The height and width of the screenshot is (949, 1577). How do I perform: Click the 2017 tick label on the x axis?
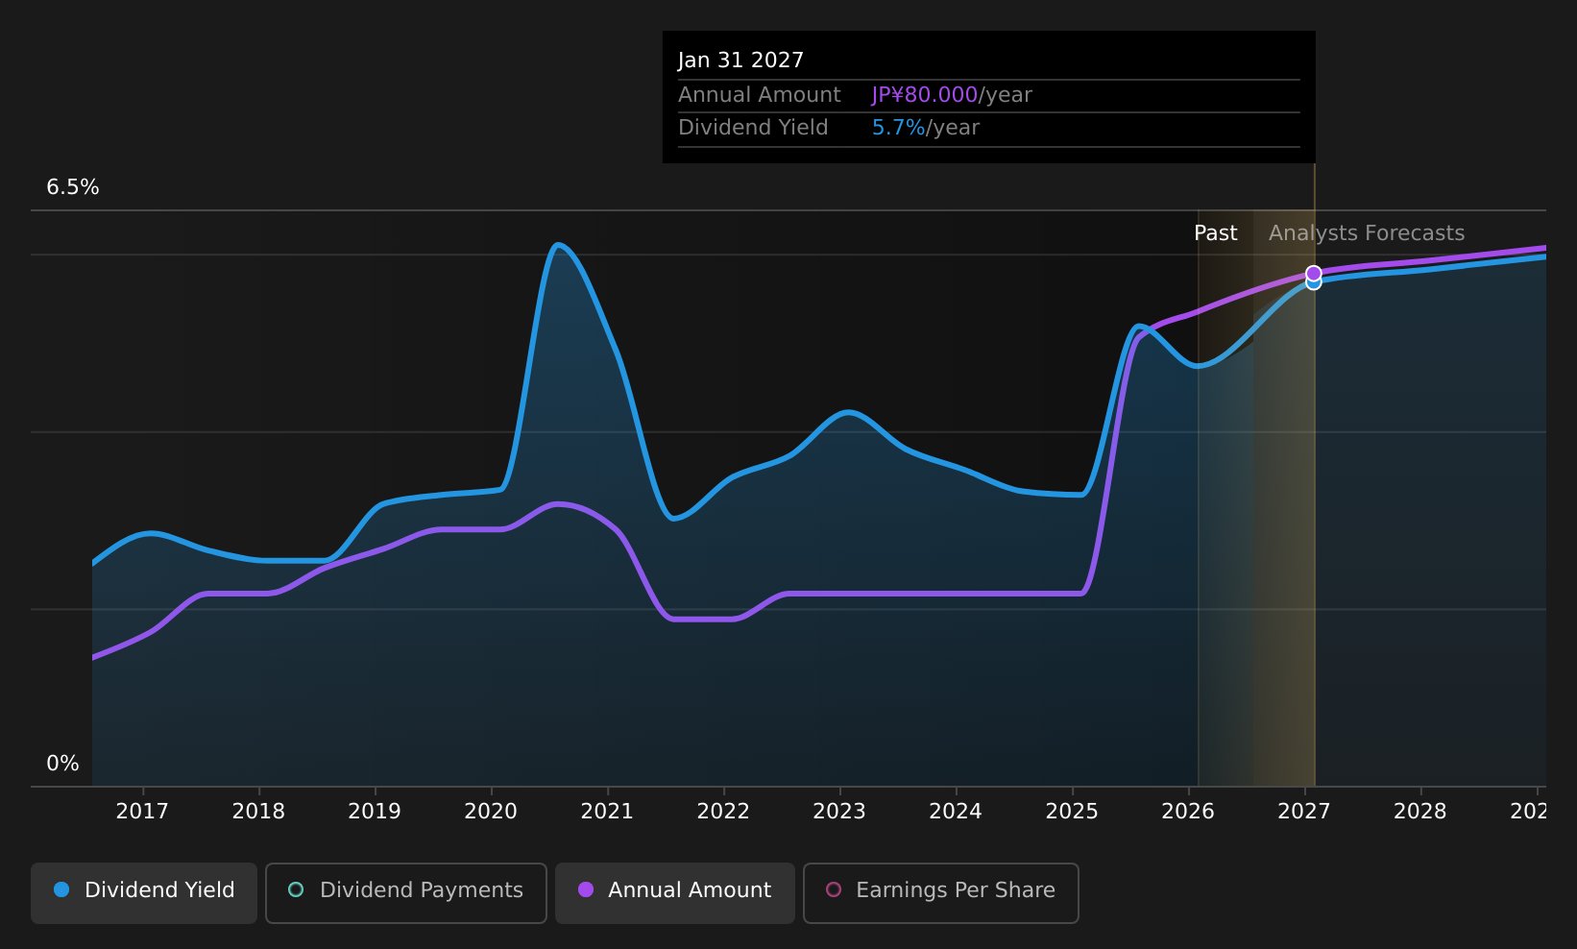[142, 812]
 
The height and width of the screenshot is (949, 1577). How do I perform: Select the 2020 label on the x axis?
[491, 812]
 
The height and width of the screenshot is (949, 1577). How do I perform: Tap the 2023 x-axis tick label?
[839, 812]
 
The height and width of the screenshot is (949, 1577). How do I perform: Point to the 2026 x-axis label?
[1188, 812]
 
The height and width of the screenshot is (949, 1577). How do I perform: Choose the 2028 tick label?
[1420, 812]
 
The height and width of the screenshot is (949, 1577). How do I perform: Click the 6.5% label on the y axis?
[73, 187]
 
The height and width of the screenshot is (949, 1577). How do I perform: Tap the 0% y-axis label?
[62, 764]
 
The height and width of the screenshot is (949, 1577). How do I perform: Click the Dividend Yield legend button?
[144, 892]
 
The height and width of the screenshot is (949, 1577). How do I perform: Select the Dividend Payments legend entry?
[406, 892]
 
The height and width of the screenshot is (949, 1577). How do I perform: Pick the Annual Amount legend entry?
[675, 892]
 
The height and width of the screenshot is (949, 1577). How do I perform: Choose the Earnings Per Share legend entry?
[940, 892]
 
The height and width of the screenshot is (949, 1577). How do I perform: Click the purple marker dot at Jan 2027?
[1314, 273]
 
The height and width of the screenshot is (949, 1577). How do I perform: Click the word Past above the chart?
[1215, 233]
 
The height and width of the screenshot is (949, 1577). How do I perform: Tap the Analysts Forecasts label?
[1367, 233]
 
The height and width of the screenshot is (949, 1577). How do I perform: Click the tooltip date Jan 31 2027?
[740, 61]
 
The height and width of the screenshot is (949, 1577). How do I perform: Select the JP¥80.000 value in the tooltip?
[924, 95]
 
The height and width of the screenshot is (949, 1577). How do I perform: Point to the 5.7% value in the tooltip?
[898, 128]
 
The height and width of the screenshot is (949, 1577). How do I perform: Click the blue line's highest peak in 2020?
[558, 244]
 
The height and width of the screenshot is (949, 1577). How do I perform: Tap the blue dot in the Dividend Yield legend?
[62, 889]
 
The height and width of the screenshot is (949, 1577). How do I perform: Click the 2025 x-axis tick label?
[1072, 812]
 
